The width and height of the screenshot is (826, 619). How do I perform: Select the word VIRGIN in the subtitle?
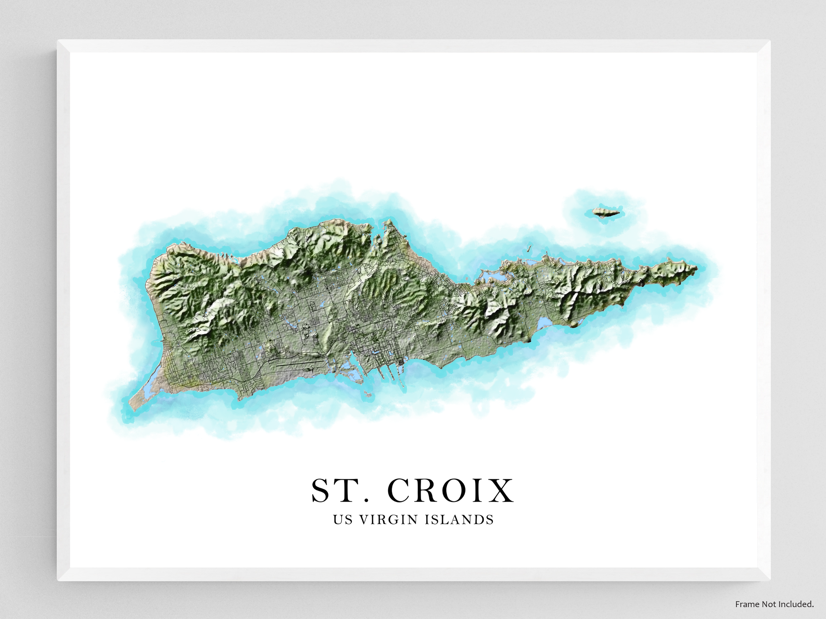388,520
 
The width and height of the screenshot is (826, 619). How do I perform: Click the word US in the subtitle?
342,520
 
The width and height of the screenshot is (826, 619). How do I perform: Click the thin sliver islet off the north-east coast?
529,248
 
